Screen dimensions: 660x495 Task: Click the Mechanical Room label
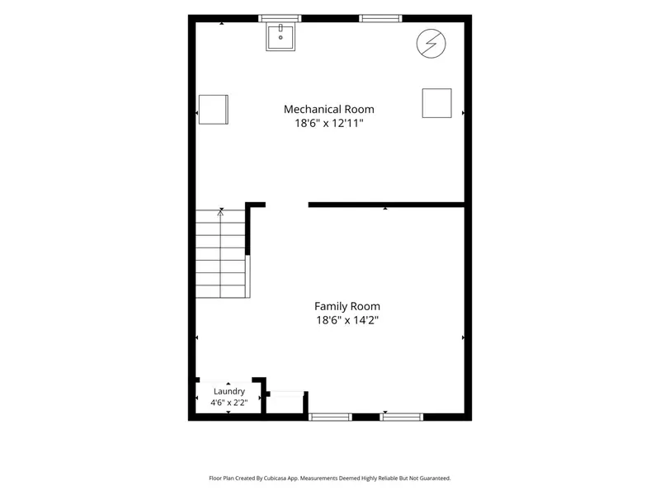click(x=328, y=110)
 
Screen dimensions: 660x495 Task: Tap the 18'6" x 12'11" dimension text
click(x=328, y=123)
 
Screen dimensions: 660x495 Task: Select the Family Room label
click(x=347, y=306)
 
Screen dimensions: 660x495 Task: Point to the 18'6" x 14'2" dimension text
click(x=347, y=320)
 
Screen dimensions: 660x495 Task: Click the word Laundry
click(x=229, y=391)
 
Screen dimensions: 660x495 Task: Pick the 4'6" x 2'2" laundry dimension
click(x=229, y=403)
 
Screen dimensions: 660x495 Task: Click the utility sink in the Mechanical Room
click(x=280, y=36)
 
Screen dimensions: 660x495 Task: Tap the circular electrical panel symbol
click(x=431, y=43)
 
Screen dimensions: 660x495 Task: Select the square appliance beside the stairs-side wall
click(x=214, y=110)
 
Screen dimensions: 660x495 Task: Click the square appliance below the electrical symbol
click(x=437, y=103)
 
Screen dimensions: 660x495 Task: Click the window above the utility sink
click(x=280, y=18)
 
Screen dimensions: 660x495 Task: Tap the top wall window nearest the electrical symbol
click(x=380, y=18)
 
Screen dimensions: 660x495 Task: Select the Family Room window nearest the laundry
click(x=330, y=417)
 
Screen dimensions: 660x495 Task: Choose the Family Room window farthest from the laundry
click(x=402, y=417)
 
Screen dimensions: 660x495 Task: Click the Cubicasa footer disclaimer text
click(x=329, y=478)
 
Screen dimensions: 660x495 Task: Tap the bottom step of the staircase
click(x=220, y=292)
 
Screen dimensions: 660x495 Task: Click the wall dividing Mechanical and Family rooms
click(x=386, y=205)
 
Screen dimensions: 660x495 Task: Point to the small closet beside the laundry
click(x=285, y=403)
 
